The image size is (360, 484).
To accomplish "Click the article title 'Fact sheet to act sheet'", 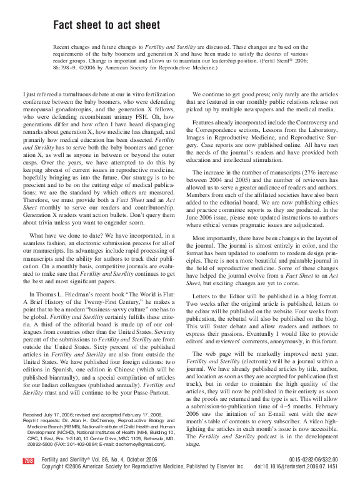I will tap(106, 25).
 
